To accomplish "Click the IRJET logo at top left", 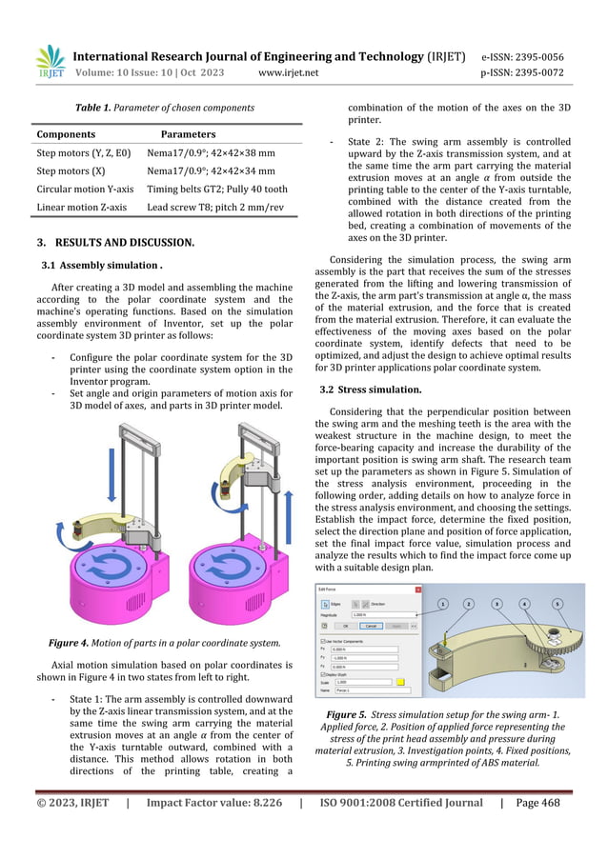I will pyautogui.click(x=50, y=63).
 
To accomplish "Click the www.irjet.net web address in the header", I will pyautogui.click(x=291, y=71).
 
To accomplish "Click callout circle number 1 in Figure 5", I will pyautogui.click(x=443, y=604).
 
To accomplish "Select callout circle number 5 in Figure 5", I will pyautogui.click(x=557, y=604).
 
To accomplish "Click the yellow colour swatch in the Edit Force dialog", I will pyautogui.click(x=402, y=682).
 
